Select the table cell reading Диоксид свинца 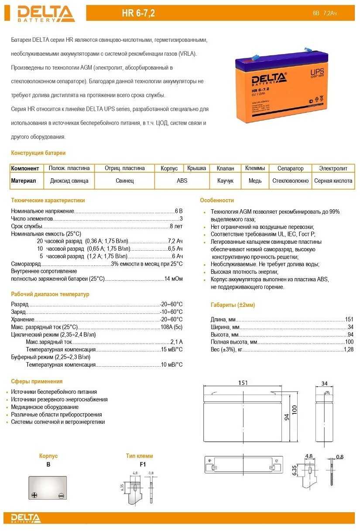(69, 180)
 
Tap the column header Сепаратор (290, 168)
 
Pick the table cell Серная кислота (333, 180)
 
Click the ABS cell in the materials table (182, 180)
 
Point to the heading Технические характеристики (48, 201)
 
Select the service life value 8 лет (176, 226)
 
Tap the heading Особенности (217, 201)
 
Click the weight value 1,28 (349, 350)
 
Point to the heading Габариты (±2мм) (233, 305)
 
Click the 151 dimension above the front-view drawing (243, 383)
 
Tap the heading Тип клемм (139, 456)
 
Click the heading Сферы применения (37, 381)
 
